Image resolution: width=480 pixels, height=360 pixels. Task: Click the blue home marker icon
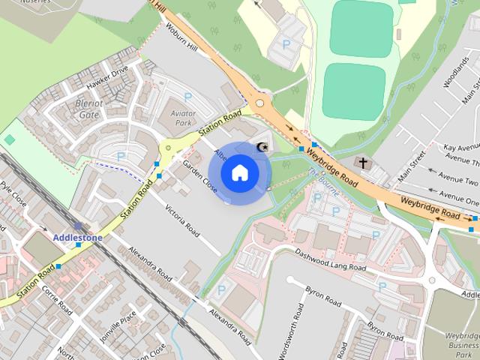[x=239, y=173]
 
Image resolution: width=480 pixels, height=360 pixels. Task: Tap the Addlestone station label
[x=78, y=238]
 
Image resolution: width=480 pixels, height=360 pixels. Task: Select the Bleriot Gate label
[x=88, y=109]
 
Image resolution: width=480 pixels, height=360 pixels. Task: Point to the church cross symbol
[x=364, y=163]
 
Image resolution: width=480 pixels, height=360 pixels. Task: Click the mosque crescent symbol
[x=262, y=147]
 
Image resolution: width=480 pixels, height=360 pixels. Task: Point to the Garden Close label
[x=199, y=177]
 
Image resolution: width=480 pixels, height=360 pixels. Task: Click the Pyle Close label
[x=13, y=196]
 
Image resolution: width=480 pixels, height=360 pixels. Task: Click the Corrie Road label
[x=57, y=298]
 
